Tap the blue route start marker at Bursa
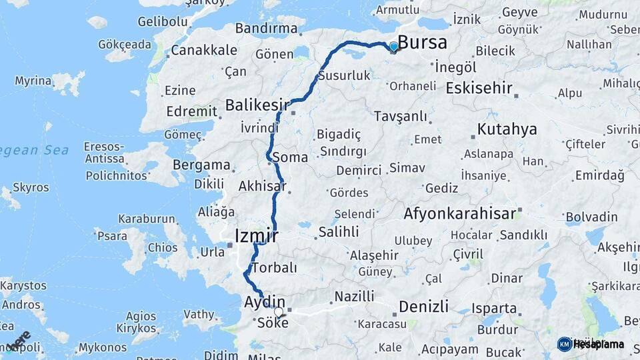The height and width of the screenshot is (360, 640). click(393, 46)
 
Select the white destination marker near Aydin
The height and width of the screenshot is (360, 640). click(279, 311)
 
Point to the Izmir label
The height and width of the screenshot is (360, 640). click(257, 235)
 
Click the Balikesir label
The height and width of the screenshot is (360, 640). click(257, 105)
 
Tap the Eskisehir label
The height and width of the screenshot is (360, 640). click(479, 87)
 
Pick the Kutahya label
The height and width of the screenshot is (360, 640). click(507, 129)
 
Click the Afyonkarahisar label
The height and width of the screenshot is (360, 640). click(459, 214)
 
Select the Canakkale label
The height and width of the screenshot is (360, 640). click(203, 50)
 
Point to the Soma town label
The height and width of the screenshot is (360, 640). click(291, 158)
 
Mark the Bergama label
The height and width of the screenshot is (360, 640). click(201, 165)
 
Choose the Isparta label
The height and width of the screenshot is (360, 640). click(494, 309)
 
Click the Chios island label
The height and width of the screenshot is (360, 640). click(163, 247)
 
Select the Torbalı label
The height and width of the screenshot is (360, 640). click(274, 267)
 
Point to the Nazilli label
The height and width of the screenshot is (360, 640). click(354, 295)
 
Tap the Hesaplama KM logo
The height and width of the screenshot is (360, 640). click(590, 344)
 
